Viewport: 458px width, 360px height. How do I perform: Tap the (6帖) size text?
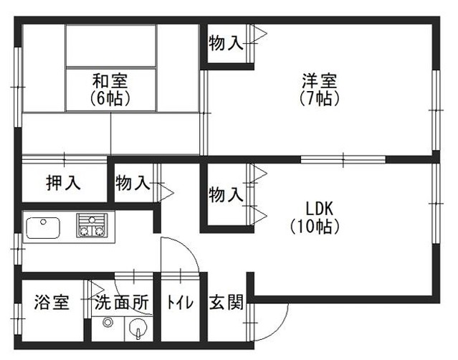[110, 98]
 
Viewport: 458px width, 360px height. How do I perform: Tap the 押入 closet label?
[63, 183]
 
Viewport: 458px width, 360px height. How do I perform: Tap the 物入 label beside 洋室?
[225, 43]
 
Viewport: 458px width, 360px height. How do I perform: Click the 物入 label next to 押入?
[133, 183]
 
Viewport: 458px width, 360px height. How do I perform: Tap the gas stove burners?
[93, 226]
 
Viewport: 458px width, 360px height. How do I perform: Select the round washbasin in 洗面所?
[137, 331]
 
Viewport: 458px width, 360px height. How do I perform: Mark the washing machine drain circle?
[108, 323]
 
